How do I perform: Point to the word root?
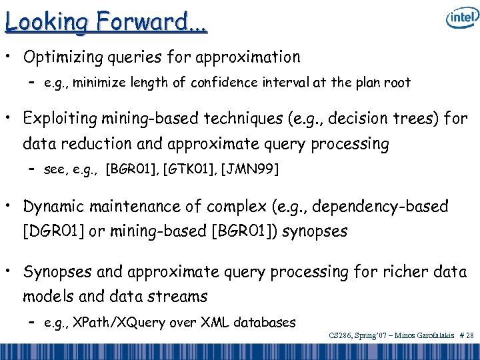point(397,83)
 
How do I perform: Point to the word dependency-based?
point(384,206)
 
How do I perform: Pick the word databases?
point(263,323)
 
